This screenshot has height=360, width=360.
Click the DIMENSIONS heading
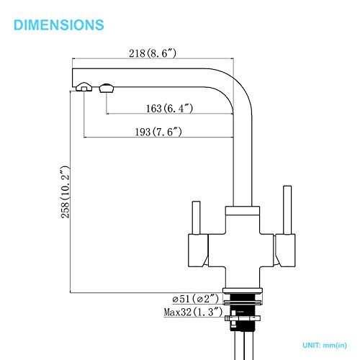[x=59, y=24]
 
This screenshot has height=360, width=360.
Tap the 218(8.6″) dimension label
[x=153, y=53]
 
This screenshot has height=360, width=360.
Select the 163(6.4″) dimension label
[x=169, y=108]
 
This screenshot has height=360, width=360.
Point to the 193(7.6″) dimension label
[x=158, y=132]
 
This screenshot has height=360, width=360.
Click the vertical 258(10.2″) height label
[x=66, y=192]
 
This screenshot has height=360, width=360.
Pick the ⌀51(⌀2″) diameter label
[x=196, y=299]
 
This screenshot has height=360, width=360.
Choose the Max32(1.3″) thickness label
[x=193, y=312]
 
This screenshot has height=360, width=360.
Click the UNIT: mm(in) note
[x=325, y=346]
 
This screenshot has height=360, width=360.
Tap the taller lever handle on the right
[x=287, y=210]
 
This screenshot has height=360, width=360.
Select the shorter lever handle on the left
[x=197, y=217]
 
